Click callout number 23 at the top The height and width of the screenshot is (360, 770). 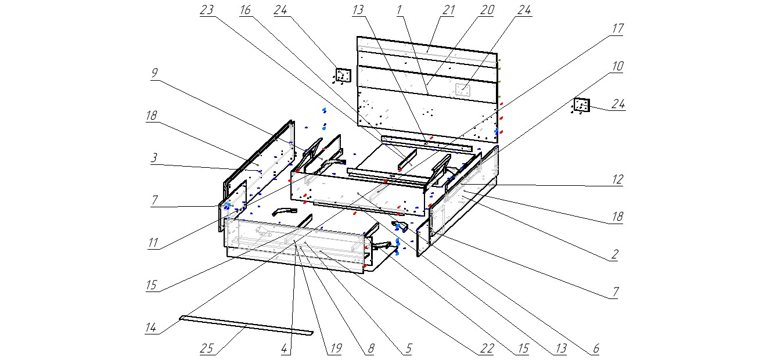[207, 10]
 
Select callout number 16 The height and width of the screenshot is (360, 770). [245, 10]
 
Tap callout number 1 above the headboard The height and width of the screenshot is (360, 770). [400, 10]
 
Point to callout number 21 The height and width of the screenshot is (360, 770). [447, 10]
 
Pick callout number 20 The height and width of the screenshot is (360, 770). [487, 10]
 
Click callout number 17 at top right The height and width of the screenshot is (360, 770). [617, 28]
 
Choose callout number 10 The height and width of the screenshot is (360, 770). [617, 66]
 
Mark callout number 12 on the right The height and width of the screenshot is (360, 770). [617, 180]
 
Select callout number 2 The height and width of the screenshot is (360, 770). [614, 254]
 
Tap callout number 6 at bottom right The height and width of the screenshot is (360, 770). [596, 349]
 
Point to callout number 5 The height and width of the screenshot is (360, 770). [408, 349]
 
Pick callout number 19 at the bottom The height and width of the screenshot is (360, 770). [335, 349]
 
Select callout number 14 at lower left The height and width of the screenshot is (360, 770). [151, 328]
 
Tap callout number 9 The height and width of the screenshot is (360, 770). [154, 73]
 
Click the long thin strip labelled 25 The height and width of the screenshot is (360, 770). [246, 325]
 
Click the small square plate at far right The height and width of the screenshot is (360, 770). [581, 105]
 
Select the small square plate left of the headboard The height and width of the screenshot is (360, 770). [343, 75]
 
